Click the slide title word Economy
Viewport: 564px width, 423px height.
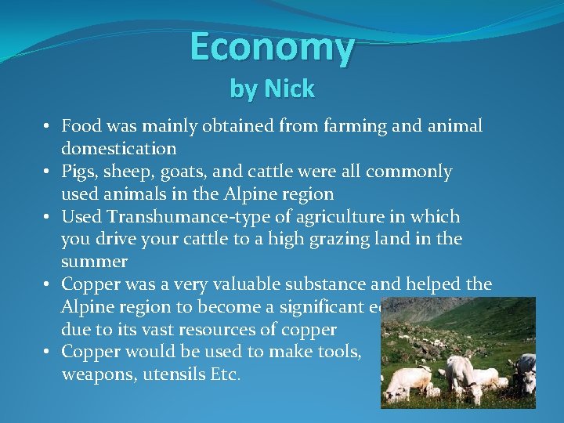(x=272, y=48)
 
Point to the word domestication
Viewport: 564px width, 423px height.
(x=119, y=148)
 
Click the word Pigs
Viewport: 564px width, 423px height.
(x=80, y=172)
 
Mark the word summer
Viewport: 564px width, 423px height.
(x=94, y=261)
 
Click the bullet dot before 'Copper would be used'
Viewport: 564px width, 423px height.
(x=48, y=352)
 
